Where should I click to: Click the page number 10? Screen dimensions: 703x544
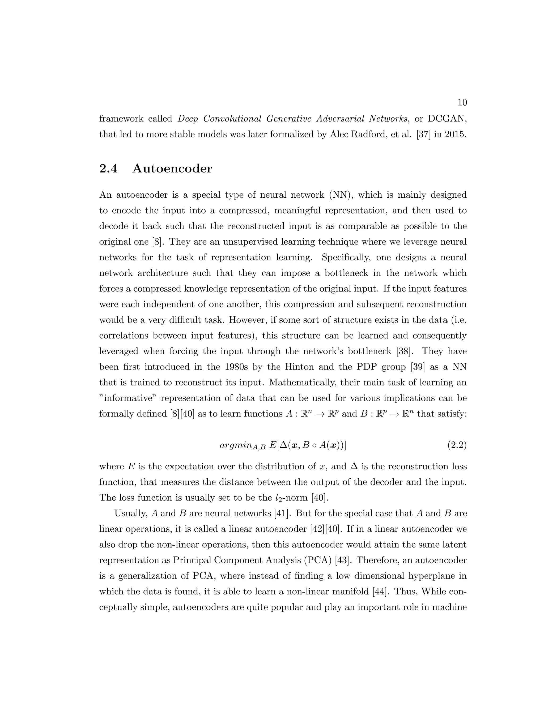coord(462,103)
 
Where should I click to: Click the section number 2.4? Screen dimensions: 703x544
coord(108,169)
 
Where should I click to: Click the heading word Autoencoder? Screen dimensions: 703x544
coord(172,169)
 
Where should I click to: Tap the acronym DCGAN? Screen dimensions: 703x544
coord(447,119)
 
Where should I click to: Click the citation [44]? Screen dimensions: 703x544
coord(379,592)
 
